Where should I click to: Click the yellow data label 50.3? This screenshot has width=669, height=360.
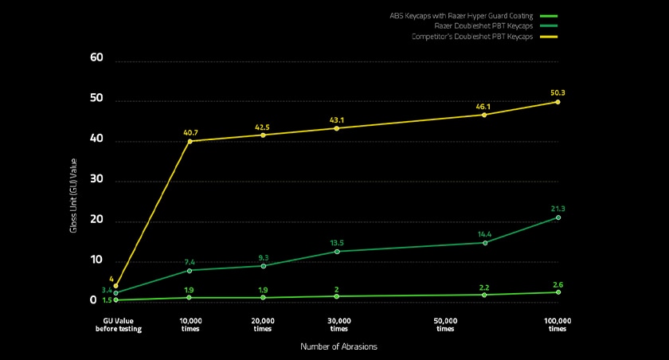557,93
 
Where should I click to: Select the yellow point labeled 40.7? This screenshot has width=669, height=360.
190,141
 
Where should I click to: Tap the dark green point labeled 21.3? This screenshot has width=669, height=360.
557,217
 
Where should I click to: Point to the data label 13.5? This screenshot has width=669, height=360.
337,242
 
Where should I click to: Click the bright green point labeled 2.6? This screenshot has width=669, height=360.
557,292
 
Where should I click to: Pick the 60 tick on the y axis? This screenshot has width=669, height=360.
97,57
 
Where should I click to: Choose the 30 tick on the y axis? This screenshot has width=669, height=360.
97,180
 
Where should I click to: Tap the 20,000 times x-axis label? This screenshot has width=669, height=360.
263,324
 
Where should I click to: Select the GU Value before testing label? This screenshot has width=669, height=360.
116,324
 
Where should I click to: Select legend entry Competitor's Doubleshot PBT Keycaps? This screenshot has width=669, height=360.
472,37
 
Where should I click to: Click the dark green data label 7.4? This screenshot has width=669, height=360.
190,261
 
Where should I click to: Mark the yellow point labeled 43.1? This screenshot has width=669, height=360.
337,128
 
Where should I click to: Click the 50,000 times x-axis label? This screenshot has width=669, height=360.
446,324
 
